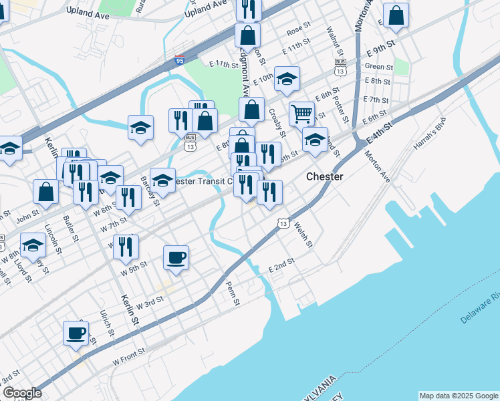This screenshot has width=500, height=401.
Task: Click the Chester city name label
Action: click(x=325, y=176)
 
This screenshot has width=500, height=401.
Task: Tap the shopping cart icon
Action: click(x=302, y=114)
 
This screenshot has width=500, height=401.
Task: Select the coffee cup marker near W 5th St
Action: click(x=176, y=258)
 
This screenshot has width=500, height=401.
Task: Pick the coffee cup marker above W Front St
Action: click(x=76, y=332)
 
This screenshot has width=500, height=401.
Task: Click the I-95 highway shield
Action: click(x=179, y=61)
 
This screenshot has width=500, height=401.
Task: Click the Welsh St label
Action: click(x=303, y=234)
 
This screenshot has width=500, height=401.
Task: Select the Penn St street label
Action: click(x=233, y=293)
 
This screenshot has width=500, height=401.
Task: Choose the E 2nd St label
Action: click(x=281, y=265)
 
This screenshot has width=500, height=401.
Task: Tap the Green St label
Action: click(x=378, y=67)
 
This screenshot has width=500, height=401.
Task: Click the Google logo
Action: click(x=21, y=393)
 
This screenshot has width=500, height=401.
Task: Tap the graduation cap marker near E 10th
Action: click(x=287, y=79)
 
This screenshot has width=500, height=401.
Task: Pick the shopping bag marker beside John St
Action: click(x=46, y=191)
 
